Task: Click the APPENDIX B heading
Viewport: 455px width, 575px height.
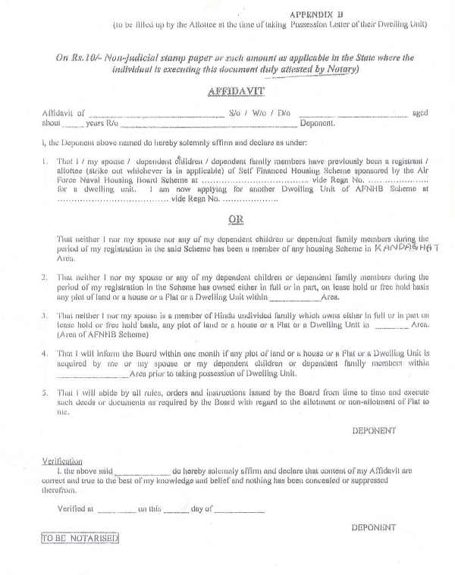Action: pos(317,14)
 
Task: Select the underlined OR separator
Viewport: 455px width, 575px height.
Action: pos(235,220)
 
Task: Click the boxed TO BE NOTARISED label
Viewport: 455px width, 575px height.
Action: pos(80,539)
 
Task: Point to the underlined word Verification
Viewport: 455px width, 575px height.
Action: pos(62,461)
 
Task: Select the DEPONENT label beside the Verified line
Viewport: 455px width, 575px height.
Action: pos(374,527)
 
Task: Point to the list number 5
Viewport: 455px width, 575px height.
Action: pos(45,392)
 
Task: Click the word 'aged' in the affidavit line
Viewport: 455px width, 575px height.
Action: pos(419,113)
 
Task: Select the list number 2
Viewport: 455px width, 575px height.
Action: pos(45,277)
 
